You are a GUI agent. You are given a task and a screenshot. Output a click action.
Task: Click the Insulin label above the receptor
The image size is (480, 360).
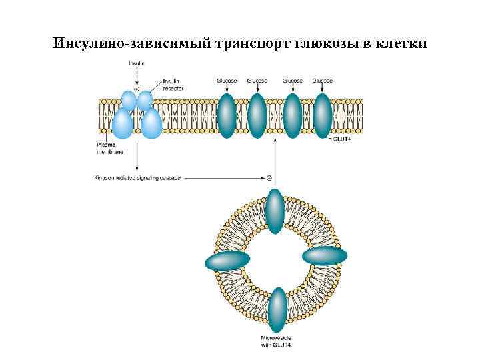click(137, 63)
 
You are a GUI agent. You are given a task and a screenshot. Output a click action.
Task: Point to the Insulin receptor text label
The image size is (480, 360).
click(173, 85)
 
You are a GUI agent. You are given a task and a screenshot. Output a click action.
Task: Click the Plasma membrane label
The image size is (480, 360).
click(107, 148)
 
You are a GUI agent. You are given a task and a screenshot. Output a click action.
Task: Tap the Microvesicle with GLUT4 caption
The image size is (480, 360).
click(275, 341)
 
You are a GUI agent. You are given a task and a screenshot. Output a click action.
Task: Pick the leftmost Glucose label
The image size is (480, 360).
click(226, 81)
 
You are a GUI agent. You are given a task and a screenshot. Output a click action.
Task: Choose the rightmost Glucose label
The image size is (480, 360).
click(323, 81)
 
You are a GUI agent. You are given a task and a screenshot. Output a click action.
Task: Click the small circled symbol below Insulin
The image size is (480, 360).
click(137, 89)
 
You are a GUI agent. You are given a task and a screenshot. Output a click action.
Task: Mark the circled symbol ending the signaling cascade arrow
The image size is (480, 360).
click(269, 179)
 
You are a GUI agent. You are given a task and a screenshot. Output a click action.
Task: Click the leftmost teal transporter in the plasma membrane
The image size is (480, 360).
click(226, 115)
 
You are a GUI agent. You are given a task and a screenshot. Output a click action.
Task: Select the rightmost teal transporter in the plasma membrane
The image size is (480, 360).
click(323, 115)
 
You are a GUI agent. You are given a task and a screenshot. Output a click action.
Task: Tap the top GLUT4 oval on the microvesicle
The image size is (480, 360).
click(275, 211)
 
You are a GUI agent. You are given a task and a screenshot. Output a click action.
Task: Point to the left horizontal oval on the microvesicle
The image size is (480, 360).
click(227, 261)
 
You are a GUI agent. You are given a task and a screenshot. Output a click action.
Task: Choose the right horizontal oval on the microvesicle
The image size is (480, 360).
click(325, 256)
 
